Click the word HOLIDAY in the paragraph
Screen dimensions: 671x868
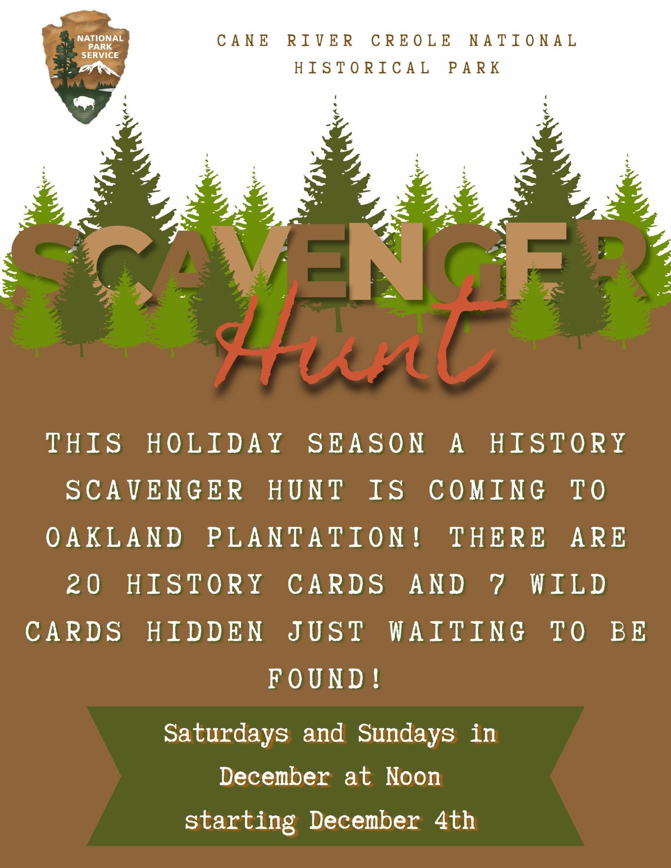[216, 444]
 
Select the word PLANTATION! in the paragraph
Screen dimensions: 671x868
[314, 538]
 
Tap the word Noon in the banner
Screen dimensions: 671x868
[413, 777]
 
